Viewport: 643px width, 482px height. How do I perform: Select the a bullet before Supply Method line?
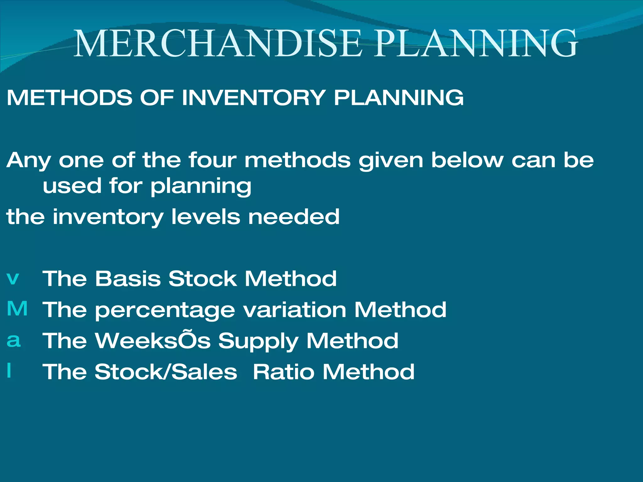point(14,340)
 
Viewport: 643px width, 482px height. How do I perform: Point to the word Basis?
point(128,278)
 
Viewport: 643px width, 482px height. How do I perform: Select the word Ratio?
point(284,372)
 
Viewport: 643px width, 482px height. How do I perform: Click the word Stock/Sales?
point(166,372)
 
